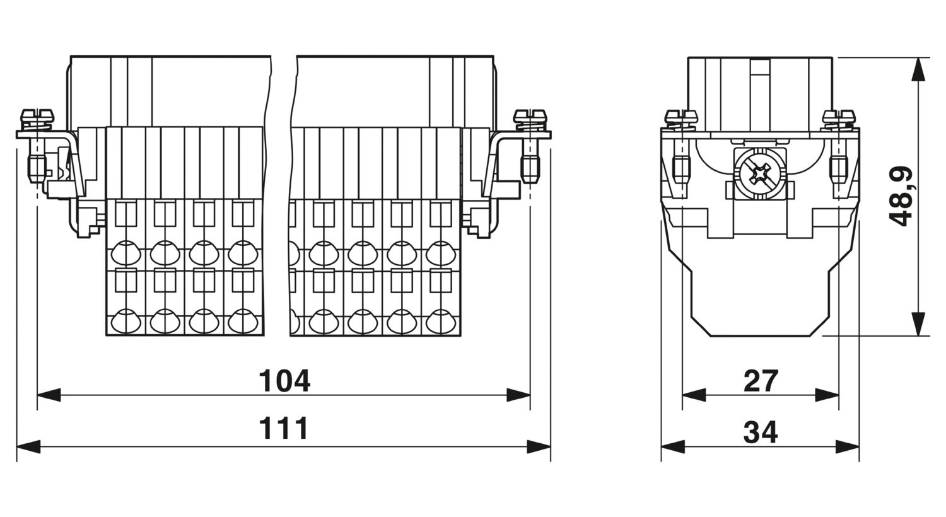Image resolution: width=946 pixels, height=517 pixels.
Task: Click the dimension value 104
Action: click(x=284, y=381)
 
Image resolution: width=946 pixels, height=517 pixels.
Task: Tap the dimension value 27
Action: click(x=761, y=381)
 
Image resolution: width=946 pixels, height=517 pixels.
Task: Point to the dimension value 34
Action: click(x=760, y=432)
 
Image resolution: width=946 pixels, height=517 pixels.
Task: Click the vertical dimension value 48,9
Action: click(x=901, y=196)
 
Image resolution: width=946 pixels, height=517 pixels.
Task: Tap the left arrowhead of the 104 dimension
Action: click(x=49, y=395)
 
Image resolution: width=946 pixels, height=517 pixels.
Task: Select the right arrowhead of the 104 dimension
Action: click(x=518, y=395)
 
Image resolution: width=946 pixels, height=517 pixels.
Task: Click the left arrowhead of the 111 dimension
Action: click(x=28, y=446)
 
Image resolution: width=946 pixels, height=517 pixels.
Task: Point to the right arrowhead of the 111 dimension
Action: click(x=539, y=446)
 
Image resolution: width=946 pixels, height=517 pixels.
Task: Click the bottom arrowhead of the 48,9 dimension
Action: click(x=918, y=324)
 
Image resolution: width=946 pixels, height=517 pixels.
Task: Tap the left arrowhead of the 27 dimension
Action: click(x=694, y=395)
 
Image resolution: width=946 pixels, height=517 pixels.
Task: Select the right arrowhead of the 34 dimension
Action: click(x=848, y=446)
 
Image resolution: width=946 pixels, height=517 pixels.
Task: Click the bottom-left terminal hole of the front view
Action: click(x=126, y=322)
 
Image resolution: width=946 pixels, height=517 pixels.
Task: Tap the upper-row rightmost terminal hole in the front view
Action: click(x=440, y=253)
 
